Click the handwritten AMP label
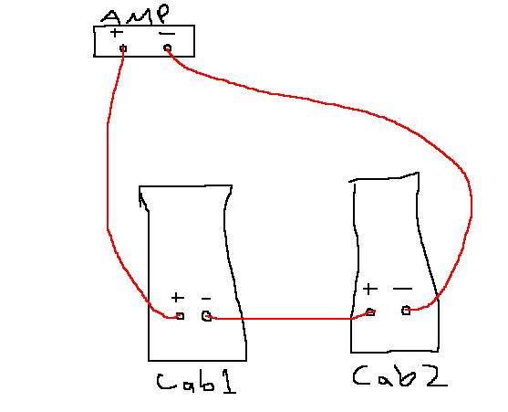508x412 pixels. (136, 16)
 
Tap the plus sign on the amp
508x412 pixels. (117, 33)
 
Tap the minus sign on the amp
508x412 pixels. (167, 33)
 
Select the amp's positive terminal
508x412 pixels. (123, 48)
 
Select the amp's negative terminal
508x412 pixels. (167, 48)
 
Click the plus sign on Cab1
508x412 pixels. (178, 297)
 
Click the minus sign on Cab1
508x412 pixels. (206, 298)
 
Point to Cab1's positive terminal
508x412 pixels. (181, 316)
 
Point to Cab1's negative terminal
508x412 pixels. (207, 316)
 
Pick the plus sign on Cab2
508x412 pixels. (370, 289)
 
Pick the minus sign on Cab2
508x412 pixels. (403, 288)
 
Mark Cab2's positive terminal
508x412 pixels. (370, 312)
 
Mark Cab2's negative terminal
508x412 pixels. (406, 311)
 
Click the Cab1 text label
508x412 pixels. (196, 383)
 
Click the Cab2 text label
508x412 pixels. (399, 376)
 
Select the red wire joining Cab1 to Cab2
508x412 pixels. (288, 319)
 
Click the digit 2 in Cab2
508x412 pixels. (437, 377)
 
